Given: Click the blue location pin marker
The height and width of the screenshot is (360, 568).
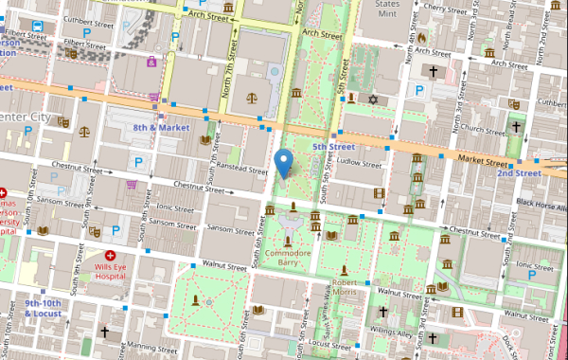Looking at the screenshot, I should click(x=282, y=164).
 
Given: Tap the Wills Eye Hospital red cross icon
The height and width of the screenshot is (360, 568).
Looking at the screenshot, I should click(x=110, y=256).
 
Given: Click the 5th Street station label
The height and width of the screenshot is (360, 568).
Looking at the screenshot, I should click(x=333, y=147).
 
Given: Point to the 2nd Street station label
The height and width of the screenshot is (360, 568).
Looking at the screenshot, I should click(x=519, y=173).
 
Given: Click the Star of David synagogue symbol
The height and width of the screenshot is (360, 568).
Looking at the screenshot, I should click(x=373, y=99).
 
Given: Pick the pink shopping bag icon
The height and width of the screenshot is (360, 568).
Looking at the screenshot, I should click(x=151, y=62).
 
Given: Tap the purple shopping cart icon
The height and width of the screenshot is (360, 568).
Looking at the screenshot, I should click(x=154, y=97).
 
